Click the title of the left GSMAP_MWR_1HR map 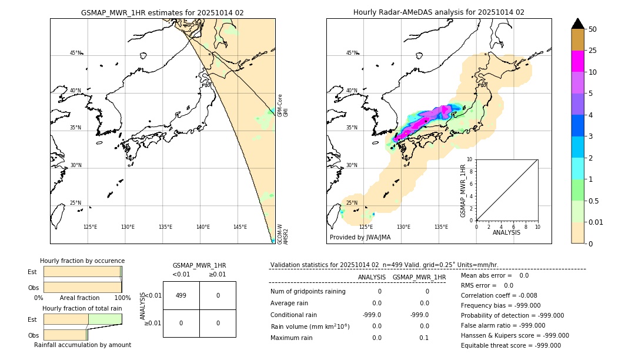coord(162,12)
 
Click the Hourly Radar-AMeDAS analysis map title coord(439,12)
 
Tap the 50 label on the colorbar coord(593,29)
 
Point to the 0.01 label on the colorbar coord(596,222)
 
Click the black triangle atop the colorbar coord(577,24)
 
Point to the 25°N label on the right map coord(352,203)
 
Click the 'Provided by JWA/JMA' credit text coord(360,238)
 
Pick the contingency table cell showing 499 coord(181,296)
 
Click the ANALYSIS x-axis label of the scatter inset coord(506,232)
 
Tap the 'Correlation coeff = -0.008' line coord(499,295)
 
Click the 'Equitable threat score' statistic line coord(511,345)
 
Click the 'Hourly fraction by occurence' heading coord(82,261)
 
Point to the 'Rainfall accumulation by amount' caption coord(82,345)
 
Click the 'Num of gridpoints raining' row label coord(308,291)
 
